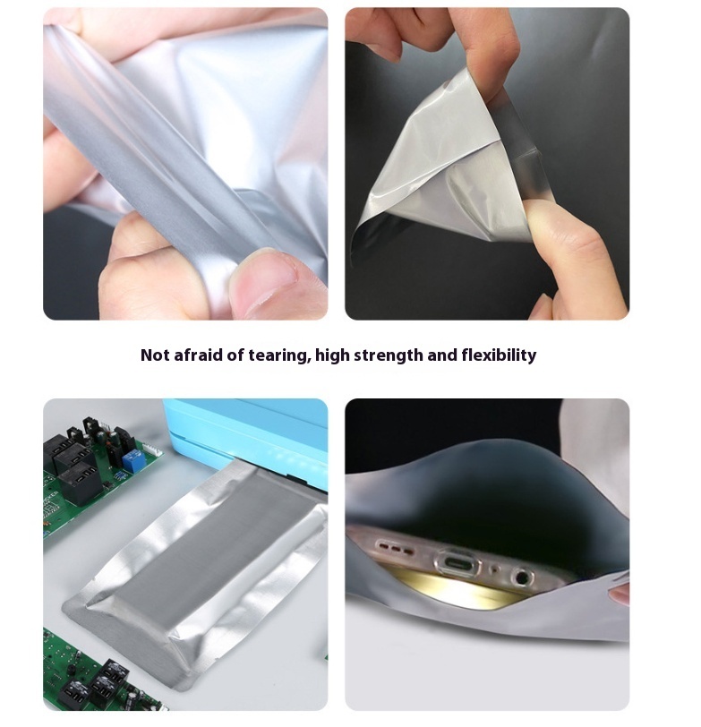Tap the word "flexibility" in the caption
(499, 355)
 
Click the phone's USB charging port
(458, 563)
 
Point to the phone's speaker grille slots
(396, 548)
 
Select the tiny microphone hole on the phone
(496, 569)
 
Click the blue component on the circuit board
(132, 461)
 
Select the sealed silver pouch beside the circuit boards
(195, 575)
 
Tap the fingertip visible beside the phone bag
(619, 594)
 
